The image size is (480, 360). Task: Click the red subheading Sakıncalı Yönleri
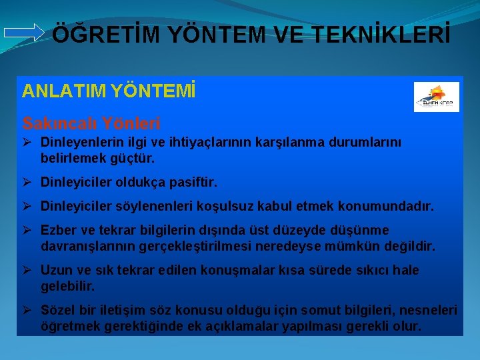coord(91,123)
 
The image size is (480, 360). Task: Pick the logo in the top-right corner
coord(436,97)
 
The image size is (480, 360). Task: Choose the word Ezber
coord(58,230)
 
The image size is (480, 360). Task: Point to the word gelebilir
coord(68,286)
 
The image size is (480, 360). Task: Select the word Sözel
coord(58,310)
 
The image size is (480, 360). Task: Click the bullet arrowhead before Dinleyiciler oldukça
coord(28,182)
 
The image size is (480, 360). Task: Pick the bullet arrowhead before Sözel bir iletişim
coord(28,310)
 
